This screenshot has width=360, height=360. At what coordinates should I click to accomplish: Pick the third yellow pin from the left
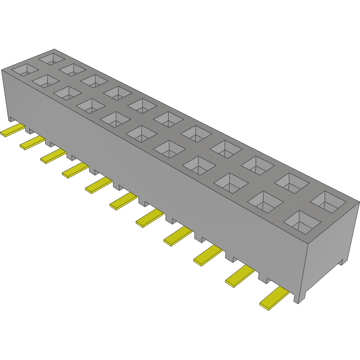tap(53, 156)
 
